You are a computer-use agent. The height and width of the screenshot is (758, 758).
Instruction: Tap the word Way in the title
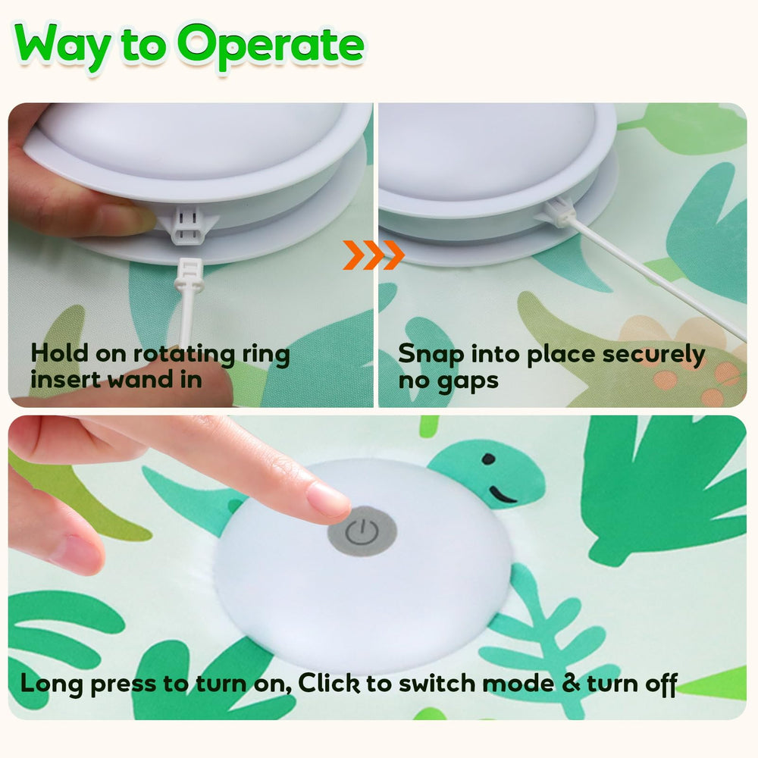click(x=63, y=47)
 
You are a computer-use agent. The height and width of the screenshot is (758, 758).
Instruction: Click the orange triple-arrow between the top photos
click(x=374, y=255)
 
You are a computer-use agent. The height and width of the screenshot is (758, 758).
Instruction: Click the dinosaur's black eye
click(x=489, y=459)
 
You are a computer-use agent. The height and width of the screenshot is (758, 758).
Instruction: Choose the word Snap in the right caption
click(x=431, y=355)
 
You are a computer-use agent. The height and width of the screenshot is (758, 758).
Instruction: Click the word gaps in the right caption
click(x=468, y=381)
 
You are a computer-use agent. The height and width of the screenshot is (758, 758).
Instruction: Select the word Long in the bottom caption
click(x=52, y=684)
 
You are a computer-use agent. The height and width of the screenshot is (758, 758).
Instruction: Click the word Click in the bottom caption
click(x=329, y=683)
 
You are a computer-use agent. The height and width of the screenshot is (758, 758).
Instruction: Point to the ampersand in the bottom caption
click(x=571, y=684)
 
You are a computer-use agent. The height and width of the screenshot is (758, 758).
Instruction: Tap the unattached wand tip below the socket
click(x=189, y=277)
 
